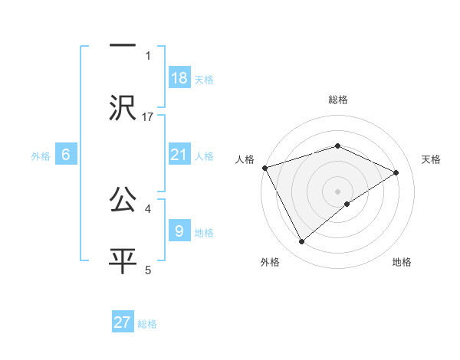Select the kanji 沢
coord(123,107)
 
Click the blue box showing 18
coord(179,77)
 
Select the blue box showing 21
coord(179,154)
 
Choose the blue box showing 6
coord(66,154)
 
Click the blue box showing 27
coord(123,322)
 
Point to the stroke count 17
coord(148,117)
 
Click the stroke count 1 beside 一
coord(148,56)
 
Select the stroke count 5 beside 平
coord(148,270)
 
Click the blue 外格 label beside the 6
coord(41,155)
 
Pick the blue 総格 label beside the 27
coord(147,324)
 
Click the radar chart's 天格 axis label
coord(431,159)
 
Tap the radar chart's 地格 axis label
coord(402,263)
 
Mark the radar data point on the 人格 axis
coord(264,168)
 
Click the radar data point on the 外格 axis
coord(301,242)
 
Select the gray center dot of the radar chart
coord(337,191)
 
